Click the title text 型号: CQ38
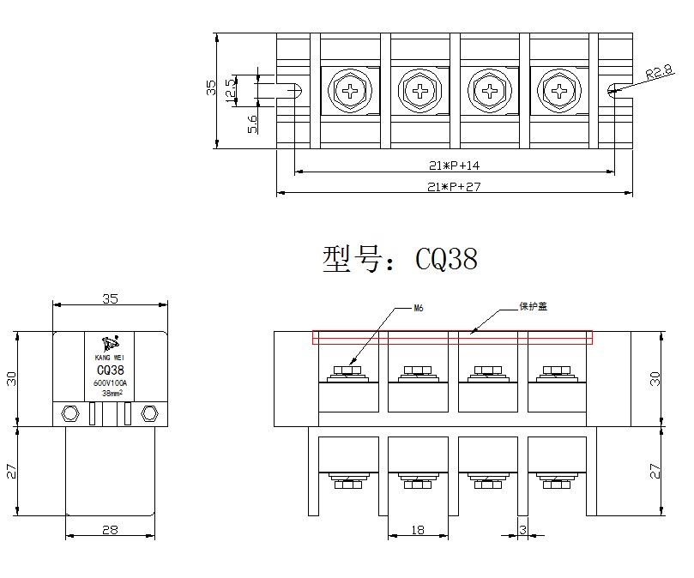400,259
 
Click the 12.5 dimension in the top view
230,89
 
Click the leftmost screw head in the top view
350,89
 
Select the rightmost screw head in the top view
559,89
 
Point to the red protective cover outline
452,337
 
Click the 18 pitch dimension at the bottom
418,530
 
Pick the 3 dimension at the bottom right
523,529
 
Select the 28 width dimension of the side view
110,530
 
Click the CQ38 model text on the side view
110,370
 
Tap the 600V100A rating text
110,382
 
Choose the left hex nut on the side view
69,413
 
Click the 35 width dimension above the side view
110,299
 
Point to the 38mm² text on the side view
111,393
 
